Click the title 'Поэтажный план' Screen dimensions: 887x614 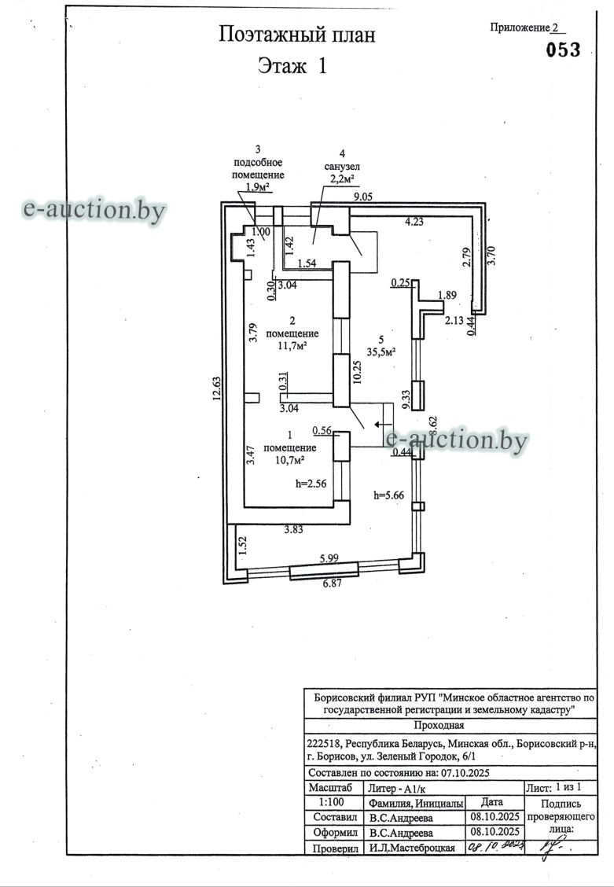point(296,35)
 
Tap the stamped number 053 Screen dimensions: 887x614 point(563,50)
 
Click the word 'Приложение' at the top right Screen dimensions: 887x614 point(519,28)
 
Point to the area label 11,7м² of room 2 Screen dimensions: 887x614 point(292,345)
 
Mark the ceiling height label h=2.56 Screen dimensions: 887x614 point(311,484)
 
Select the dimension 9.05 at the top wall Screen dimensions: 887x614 point(364,197)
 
